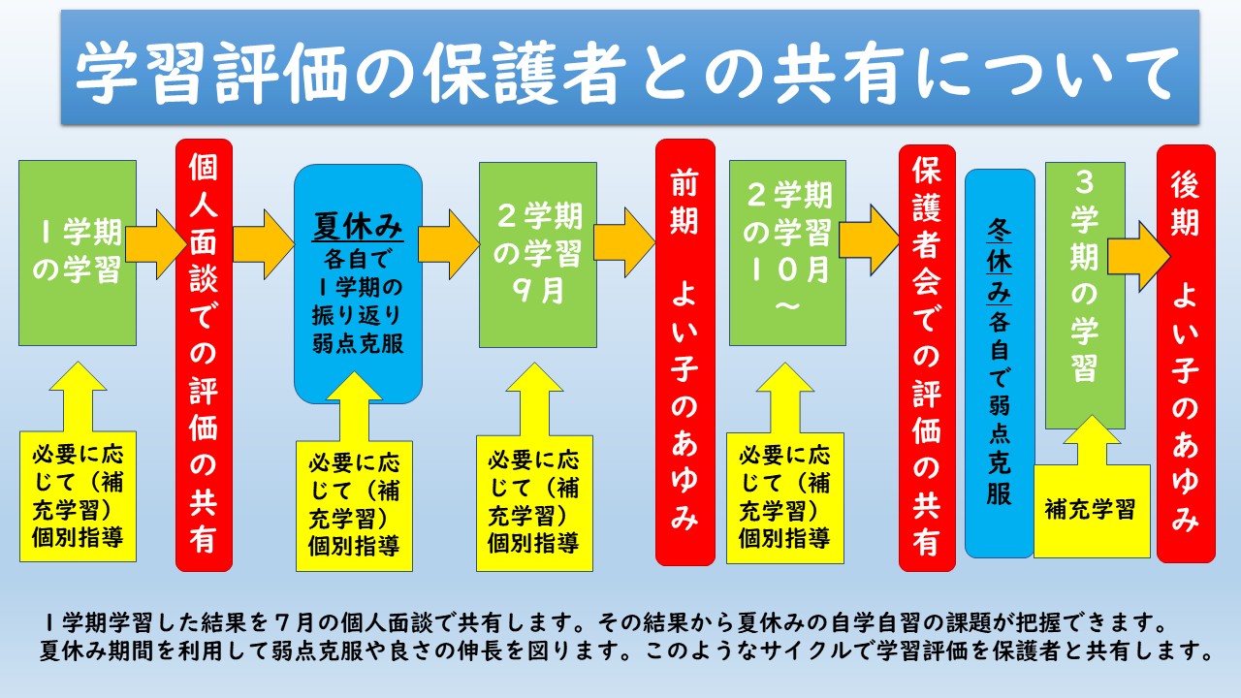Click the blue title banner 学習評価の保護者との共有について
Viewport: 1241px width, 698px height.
pos(630,67)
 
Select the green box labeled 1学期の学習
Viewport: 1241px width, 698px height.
pos(78,253)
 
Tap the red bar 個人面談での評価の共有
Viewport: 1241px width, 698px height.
pos(204,355)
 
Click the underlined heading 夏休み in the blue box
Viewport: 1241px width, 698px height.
pos(358,226)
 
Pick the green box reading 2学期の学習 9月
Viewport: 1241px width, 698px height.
pos(538,255)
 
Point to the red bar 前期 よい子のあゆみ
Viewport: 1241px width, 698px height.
pos(685,352)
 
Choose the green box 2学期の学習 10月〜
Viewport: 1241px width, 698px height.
pos(787,253)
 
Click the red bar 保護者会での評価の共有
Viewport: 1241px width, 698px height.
pos(927,358)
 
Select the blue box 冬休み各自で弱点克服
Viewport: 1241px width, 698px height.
pos(1000,364)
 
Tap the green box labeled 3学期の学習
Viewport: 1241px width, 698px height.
pos(1085,296)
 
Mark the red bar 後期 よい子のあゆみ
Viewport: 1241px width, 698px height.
pos(1186,354)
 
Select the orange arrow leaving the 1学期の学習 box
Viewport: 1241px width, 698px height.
pos(156,244)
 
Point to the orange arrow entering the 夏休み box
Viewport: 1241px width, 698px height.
pos(263,244)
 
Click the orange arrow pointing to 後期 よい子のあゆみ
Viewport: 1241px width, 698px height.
pos(1138,257)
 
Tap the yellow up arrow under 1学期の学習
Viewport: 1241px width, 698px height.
pos(79,397)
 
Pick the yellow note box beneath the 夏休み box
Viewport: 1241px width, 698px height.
pos(354,506)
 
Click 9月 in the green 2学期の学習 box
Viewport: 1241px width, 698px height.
pos(537,291)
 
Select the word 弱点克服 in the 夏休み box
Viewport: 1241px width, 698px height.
pos(358,344)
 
